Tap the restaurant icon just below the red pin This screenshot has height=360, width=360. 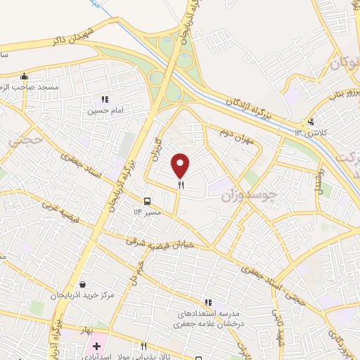181,186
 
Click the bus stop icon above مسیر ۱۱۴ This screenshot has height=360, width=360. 148,200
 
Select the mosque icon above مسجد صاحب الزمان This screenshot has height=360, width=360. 25,76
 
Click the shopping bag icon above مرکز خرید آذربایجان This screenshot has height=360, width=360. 84,284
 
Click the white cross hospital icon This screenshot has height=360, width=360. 96,347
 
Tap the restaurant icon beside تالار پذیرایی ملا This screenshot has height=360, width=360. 144,346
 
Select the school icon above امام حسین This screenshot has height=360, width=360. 105,99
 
